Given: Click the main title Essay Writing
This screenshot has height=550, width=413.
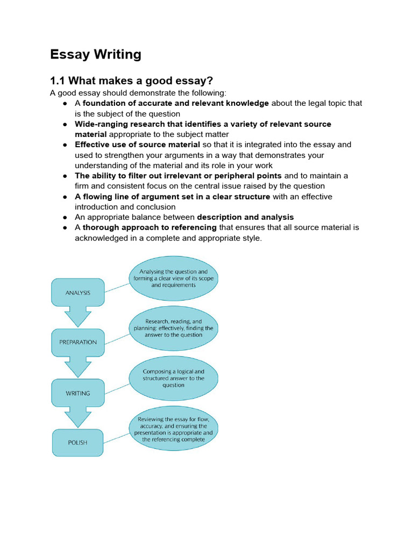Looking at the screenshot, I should click(x=96, y=54).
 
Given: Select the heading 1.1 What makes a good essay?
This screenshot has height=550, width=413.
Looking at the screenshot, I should click(x=132, y=81).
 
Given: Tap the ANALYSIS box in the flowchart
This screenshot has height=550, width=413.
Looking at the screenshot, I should click(x=78, y=293).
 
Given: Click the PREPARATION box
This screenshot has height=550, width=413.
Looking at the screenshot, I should click(x=78, y=342).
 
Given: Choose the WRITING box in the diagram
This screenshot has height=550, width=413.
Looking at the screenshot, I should click(x=78, y=393).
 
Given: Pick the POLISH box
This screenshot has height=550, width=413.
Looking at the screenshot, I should click(x=78, y=443).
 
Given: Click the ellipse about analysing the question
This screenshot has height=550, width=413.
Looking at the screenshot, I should click(x=173, y=279).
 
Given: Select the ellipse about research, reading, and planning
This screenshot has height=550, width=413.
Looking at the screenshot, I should click(x=173, y=328).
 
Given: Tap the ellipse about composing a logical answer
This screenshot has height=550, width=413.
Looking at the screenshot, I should click(x=173, y=378).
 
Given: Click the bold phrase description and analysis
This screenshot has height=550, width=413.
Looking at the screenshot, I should click(x=245, y=217).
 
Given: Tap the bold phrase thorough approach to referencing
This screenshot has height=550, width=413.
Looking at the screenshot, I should click(x=149, y=227).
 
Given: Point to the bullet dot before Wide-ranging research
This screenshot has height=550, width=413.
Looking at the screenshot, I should click(x=65, y=124).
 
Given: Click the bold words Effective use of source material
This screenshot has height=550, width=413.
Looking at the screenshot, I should click(x=137, y=144).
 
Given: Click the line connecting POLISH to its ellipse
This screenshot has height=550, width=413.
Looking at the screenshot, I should click(x=117, y=436).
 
